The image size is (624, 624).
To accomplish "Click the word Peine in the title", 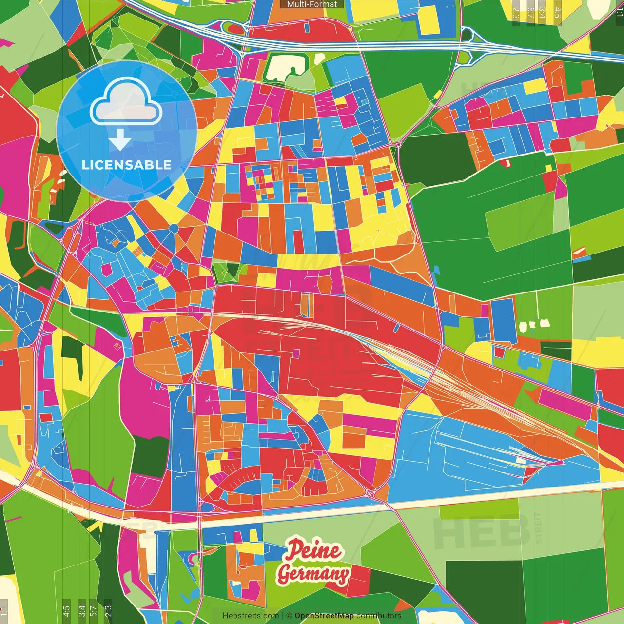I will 313,551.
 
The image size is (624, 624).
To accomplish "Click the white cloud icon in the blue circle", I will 126,104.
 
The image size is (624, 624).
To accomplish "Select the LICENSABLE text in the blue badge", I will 127,165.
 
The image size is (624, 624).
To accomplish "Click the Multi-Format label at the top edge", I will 312,4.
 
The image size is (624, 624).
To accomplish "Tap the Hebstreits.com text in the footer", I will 251,616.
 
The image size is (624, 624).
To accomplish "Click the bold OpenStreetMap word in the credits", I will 324,616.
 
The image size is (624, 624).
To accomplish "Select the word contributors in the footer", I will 379,616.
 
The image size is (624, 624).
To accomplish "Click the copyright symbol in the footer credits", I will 289,616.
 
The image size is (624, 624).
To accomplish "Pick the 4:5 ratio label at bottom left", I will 67,611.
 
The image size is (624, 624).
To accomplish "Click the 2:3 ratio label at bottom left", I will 108,611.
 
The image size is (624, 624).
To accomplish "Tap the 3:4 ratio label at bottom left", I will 82,611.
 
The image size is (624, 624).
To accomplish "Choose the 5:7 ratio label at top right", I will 530,13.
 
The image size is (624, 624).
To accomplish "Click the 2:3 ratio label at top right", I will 516,13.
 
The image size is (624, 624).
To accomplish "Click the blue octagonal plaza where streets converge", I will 174,228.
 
